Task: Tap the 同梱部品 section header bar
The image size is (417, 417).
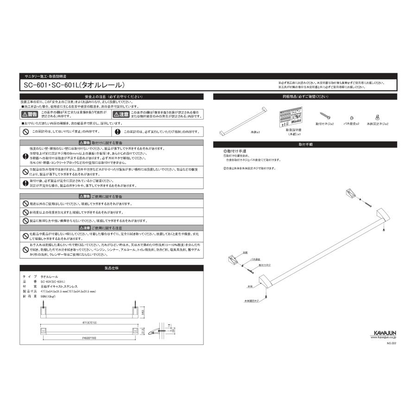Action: click(x=305, y=97)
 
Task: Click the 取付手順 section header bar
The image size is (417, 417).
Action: click(x=305, y=145)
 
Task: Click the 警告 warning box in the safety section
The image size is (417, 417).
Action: click(x=31, y=114)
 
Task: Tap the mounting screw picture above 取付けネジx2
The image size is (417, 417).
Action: click(x=325, y=115)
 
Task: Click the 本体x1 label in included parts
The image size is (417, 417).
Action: click(x=256, y=132)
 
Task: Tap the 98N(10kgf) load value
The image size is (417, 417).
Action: click(x=48, y=295)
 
